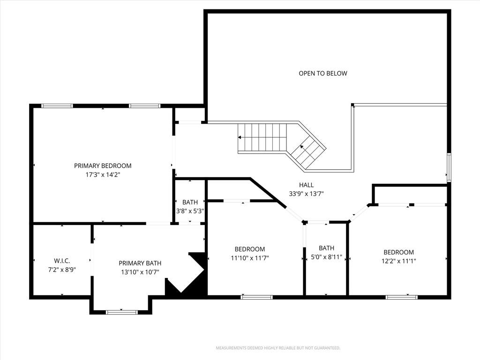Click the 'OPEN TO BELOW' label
[323, 74]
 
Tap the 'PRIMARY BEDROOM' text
[103, 166]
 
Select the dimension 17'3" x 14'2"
[103, 175]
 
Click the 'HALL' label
[307, 185]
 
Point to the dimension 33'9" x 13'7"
[307, 194]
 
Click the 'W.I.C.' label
[62, 261]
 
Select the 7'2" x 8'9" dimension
[62, 270]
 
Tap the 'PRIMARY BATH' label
[140, 263]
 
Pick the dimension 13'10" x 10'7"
[140, 272]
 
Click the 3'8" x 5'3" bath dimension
[190, 211]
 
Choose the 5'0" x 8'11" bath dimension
[326, 257]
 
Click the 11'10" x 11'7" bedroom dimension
[250, 258]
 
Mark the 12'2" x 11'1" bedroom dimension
[398, 261]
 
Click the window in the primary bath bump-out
[122, 312]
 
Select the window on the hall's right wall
[449, 168]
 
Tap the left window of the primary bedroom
[57, 106]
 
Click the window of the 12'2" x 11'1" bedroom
[401, 297]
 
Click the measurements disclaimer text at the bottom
[278, 348]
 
